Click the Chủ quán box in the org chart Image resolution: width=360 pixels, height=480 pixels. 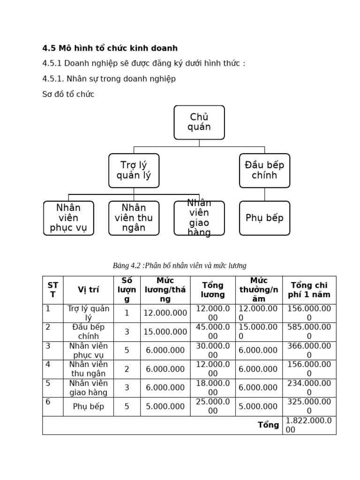pyautogui.click(x=199, y=122)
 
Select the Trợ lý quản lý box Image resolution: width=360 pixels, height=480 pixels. pyautogui.click(x=134, y=171)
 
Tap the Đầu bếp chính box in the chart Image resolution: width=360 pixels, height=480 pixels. pyautogui.click(x=264, y=171)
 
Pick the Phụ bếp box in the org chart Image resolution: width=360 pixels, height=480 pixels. pyautogui.click(x=264, y=218)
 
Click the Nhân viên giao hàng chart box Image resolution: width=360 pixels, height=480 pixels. pyautogui.click(x=199, y=218)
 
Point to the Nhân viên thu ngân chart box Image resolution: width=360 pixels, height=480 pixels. pyautogui.click(x=134, y=218)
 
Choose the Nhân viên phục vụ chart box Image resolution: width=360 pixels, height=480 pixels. pyautogui.click(x=68, y=218)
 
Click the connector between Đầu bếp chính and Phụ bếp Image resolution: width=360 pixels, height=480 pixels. pyautogui.click(x=264, y=195)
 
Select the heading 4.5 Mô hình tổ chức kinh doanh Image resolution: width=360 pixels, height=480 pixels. pyautogui.click(x=110, y=48)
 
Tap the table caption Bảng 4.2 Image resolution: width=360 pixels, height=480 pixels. pyautogui.click(x=180, y=266)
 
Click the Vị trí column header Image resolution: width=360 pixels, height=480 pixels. pyautogui.click(x=88, y=290)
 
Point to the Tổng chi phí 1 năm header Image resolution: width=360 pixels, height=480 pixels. pyautogui.click(x=309, y=290)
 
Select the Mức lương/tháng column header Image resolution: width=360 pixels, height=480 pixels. pyautogui.click(x=165, y=290)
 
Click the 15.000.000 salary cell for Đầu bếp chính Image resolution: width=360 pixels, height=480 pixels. pyautogui.click(x=165, y=332)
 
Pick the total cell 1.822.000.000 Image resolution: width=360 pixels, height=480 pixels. pyautogui.click(x=308, y=425)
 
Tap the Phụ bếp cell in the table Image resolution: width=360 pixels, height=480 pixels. pyautogui.click(x=88, y=406)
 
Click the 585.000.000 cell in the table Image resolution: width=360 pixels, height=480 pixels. pyautogui.click(x=309, y=332)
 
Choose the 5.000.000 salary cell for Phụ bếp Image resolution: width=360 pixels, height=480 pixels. pyautogui.click(x=165, y=406)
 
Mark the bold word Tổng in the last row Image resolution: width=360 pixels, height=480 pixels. pyautogui.click(x=269, y=425)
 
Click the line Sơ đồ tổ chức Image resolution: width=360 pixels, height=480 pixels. pyautogui.click(x=68, y=94)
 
